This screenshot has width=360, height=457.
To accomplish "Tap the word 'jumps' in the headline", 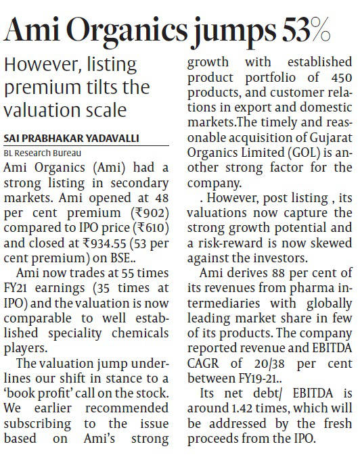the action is (234, 32).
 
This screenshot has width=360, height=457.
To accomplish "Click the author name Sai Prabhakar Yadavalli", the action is (72, 138).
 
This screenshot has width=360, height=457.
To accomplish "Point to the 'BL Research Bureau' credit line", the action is (43, 153).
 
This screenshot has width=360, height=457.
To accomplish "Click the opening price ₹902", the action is (150, 213).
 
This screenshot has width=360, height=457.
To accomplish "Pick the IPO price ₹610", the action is (151, 228).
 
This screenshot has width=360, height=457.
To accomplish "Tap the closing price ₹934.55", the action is (104, 243).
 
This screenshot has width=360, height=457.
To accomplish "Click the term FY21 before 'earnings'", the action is (15, 288).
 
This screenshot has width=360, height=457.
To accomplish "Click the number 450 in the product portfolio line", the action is (341, 78).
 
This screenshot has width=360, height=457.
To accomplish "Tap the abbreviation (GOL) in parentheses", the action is (303, 153).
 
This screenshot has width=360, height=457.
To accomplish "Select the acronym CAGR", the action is (203, 363).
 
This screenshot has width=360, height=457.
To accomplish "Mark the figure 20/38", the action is (269, 364).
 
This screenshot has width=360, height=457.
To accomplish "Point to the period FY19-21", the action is (257, 379).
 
